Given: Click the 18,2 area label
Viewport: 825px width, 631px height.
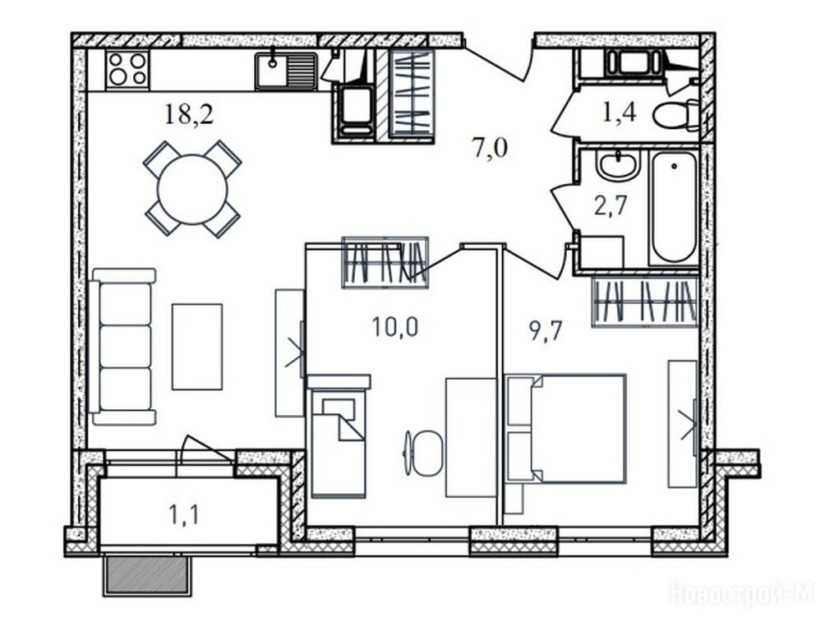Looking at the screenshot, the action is point(189,114).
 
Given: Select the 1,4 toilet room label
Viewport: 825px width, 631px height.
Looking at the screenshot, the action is point(619,112).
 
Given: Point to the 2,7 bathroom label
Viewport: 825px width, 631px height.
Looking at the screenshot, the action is point(611,205).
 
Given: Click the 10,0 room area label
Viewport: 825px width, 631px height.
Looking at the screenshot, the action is point(395,327).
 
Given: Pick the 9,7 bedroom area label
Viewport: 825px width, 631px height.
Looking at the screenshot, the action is point(546,332).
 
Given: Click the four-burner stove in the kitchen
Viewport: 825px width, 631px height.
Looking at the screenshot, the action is point(127,70).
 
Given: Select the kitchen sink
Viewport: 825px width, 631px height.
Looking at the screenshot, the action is point(286,71).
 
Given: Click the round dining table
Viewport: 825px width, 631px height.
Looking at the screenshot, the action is point(192,190).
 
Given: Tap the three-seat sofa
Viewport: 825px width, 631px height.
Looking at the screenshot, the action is point(123,346).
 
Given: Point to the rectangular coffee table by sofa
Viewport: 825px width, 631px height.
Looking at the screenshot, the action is point(197,347).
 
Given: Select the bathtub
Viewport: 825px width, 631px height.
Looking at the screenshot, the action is point(674,208).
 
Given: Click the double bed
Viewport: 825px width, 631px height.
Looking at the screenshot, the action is point(565,428).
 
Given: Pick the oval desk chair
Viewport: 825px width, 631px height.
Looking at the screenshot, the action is point(426,453).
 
